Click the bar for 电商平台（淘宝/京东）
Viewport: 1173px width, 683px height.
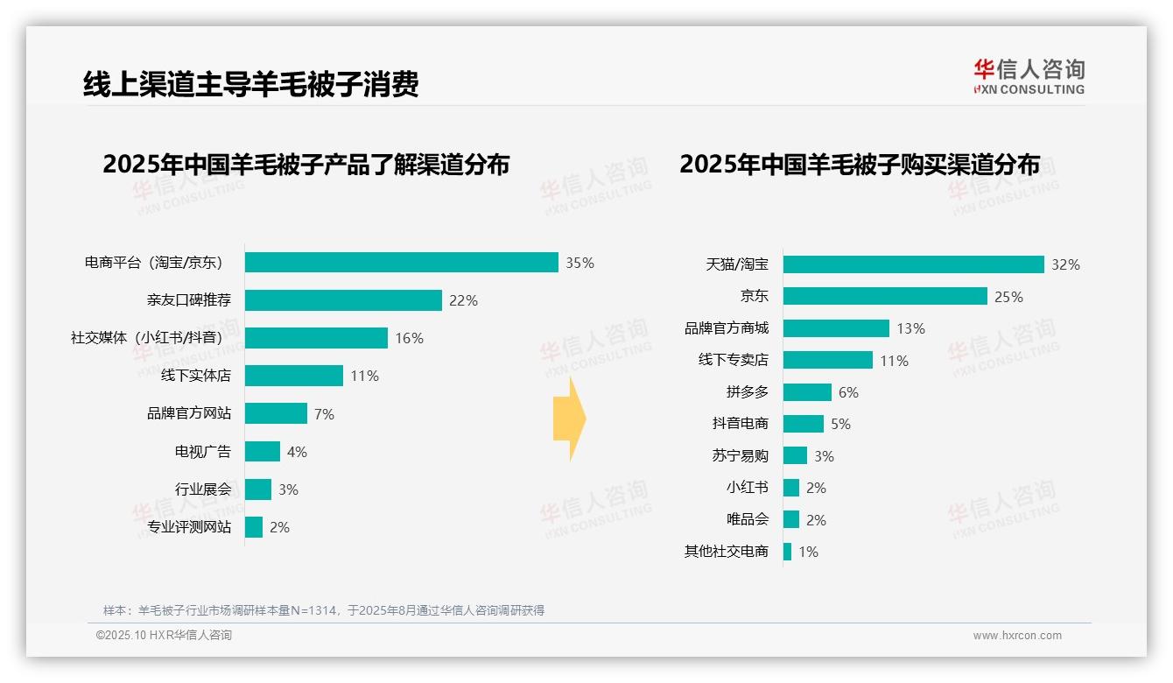pyautogui.click(x=401, y=263)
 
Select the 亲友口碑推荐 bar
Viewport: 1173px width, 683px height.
pyautogui.click(x=343, y=300)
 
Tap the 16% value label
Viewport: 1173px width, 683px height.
pyautogui.click(x=409, y=338)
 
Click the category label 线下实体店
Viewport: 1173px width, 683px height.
pyautogui.click(x=196, y=376)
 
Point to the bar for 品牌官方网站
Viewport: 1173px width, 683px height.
pyautogui.click(x=276, y=413)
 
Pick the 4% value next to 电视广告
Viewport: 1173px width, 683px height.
pyautogui.click(x=297, y=452)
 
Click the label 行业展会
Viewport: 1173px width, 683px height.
pyautogui.click(x=203, y=489)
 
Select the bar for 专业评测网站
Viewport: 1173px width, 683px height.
pyautogui.click(x=254, y=527)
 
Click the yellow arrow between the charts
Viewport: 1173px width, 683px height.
pyautogui.click(x=569, y=419)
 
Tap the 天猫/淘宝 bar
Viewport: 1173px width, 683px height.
pyautogui.click(x=913, y=264)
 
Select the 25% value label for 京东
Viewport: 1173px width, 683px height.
pyautogui.click(x=1008, y=297)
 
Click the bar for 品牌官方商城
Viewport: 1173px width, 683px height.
pyautogui.click(x=836, y=328)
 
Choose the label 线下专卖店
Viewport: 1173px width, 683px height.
pyautogui.click(x=733, y=360)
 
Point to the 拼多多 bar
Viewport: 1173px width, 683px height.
pyautogui.click(x=807, y=392)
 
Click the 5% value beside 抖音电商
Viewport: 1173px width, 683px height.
pyautogui.click(x=840, y=424)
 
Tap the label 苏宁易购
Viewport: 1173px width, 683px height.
pyautogui.click(x=740, y=456)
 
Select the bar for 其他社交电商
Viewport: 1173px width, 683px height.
pyautogui.click(x=788, y=552)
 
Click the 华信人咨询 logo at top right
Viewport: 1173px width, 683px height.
pyautogui.click(x=1029, y=76)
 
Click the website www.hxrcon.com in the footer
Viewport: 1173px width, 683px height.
pyautogui.click(x=1016, y=636)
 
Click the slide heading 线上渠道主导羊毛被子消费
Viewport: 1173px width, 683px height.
pyautogui.click(x=250, y=83)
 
